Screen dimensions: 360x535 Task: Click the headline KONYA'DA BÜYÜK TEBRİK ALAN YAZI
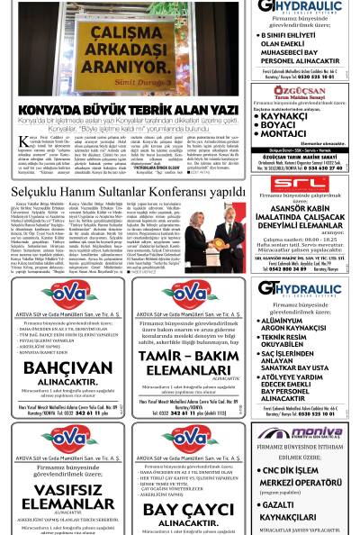127,110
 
